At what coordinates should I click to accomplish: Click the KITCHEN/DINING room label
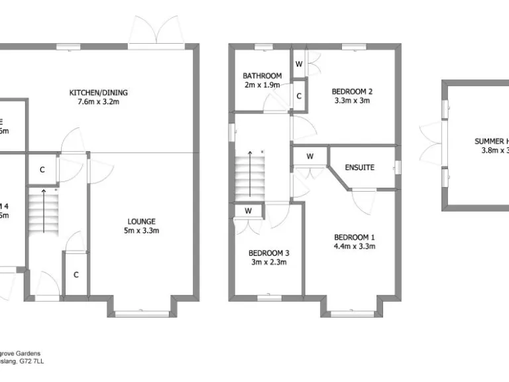(99, 92)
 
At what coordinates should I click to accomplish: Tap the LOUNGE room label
(142, 222)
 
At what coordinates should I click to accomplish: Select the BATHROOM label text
(262, 76)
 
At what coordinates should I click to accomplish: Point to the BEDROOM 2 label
(353, 92)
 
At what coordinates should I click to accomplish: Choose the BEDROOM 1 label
(354, 237)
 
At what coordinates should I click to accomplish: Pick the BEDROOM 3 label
(268, 253)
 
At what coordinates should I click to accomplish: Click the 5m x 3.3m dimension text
(142, 231)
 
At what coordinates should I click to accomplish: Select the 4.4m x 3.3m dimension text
(354, 247)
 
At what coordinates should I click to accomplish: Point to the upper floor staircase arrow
(250, 172)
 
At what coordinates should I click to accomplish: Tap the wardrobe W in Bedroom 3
(248, 211)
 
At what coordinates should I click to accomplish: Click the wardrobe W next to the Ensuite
(310, 157)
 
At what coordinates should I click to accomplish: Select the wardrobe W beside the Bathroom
(299, 64)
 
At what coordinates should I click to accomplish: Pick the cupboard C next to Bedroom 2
(299, 96)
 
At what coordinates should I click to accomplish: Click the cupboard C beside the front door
(76, 275)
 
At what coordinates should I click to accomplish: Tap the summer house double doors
(432, 143)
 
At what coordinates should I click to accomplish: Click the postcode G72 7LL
(31, 362)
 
